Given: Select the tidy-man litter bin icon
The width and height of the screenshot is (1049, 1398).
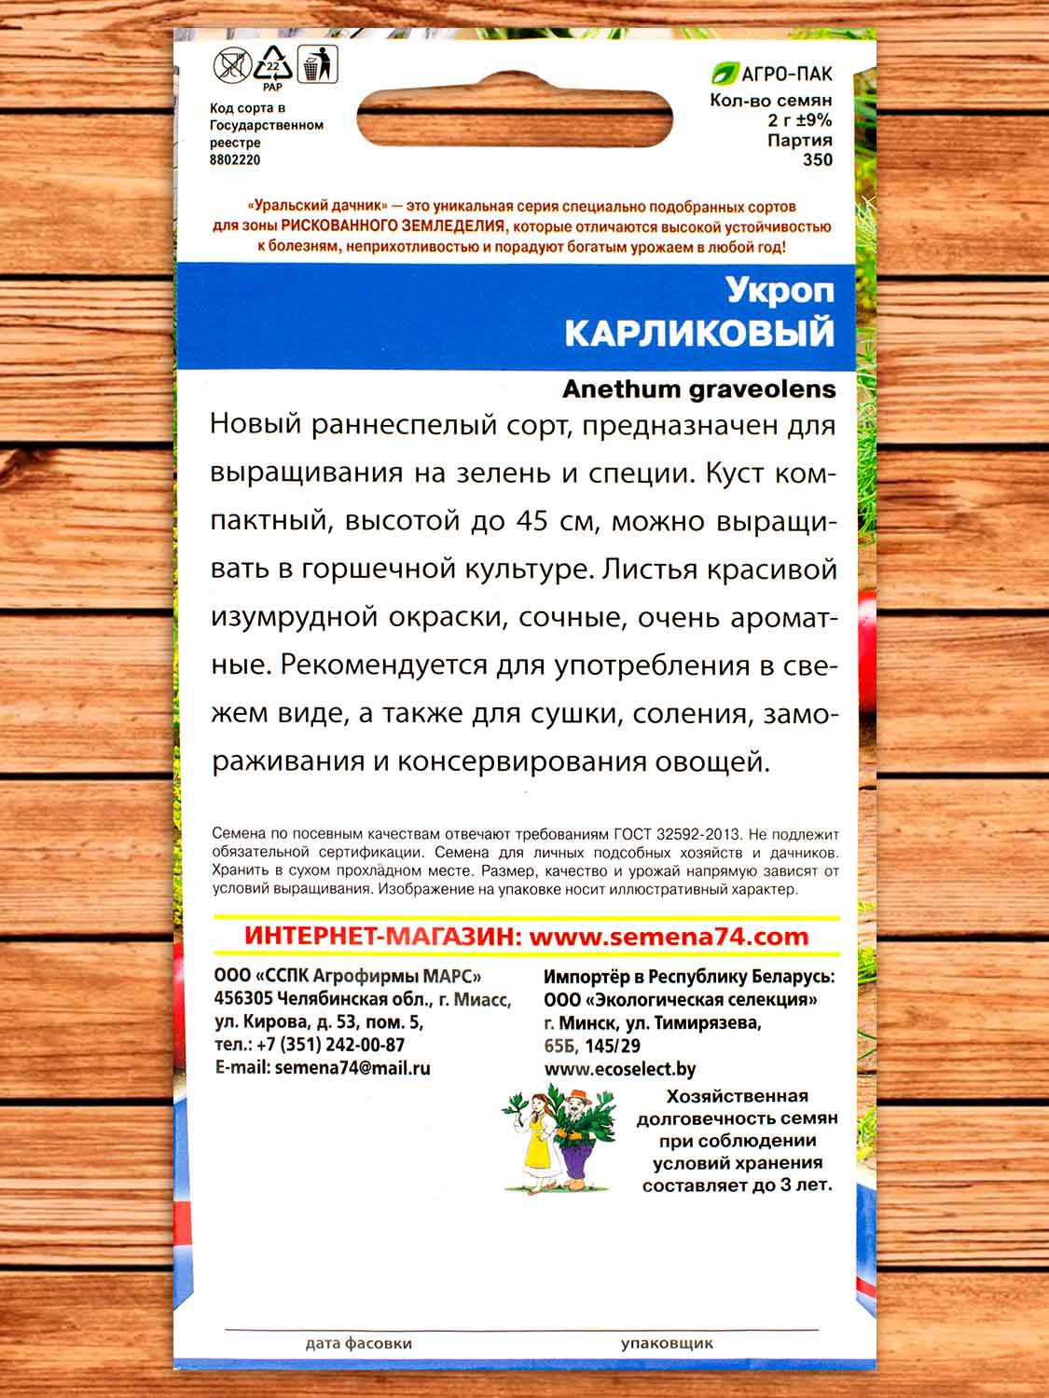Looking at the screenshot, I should (317, 65).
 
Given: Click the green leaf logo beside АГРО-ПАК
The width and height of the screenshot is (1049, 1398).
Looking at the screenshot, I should (723, 75).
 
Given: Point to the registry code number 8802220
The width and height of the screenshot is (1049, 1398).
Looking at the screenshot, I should (235, 159).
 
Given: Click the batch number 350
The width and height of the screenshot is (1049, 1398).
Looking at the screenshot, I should (817, 159).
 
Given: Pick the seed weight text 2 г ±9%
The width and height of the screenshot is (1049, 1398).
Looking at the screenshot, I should (799, 120).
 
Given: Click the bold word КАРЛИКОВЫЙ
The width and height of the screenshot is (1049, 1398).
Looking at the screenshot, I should (699, 333).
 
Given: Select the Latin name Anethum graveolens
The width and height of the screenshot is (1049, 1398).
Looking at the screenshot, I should (699, 390).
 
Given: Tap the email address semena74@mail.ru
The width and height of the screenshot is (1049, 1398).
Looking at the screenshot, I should (352, 1068).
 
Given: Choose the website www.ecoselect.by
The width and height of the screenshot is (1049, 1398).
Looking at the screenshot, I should (620, 1069).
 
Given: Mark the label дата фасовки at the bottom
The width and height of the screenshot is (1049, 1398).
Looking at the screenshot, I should (358, 1343).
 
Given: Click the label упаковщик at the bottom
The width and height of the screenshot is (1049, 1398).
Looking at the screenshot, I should (667, 1343).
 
